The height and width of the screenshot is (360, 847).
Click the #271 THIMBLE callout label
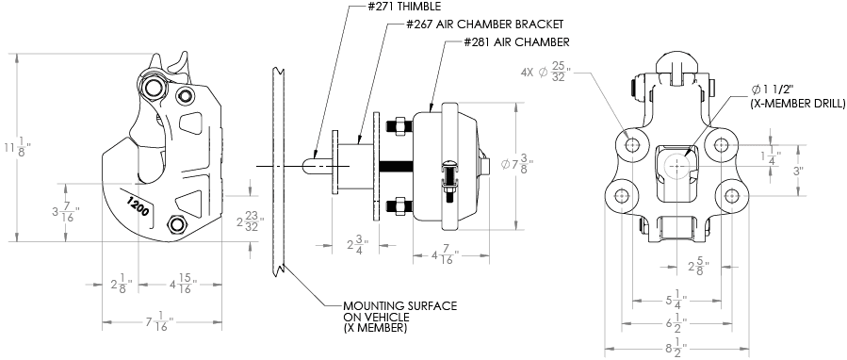tap(402, 7)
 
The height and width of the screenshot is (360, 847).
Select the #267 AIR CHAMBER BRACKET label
tap(485, 25)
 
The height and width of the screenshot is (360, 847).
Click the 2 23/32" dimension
tap(250, 221)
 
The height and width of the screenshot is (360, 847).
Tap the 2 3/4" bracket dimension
tap(356, 245)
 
